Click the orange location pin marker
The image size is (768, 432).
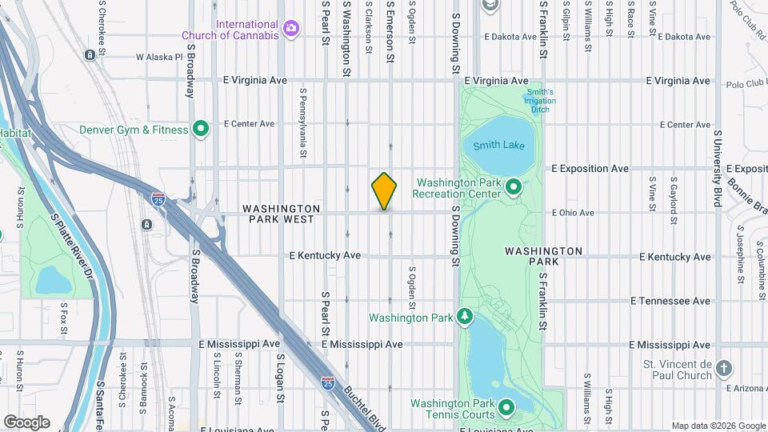(x=385, y=191)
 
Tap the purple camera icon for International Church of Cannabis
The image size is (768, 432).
(x=291, y=29)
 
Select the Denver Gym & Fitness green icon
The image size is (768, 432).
(x=202, y=129)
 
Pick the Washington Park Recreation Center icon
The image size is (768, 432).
(x=514, y=188)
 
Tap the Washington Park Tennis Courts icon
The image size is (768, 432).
(x=506, y=409)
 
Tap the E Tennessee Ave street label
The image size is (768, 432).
(x=670, y=301)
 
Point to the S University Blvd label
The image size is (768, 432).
(x=718, y=168)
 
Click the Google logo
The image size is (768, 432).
(x=26, y=422)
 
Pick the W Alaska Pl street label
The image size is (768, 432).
(x=160, y=58)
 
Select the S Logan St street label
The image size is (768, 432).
(x=281, y=375)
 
